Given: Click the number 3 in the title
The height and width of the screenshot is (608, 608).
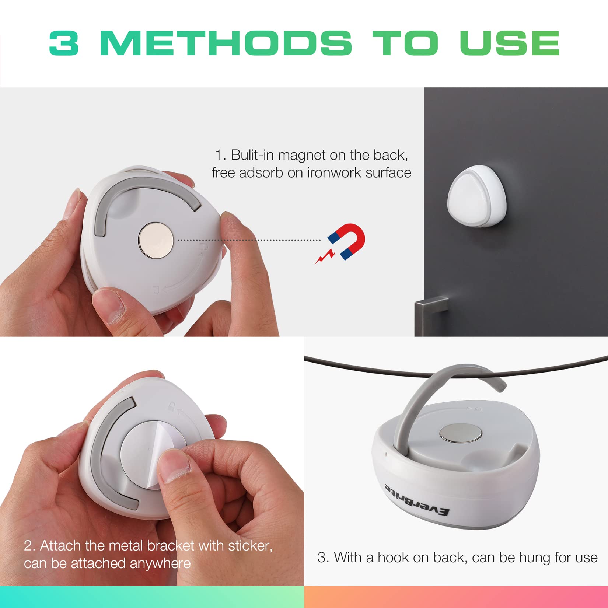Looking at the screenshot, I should [x=64, y=43].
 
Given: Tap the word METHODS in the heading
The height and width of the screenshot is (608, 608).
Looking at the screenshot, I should [x=226, y=43].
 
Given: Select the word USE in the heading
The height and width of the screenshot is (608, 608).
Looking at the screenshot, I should [x=510, y=43].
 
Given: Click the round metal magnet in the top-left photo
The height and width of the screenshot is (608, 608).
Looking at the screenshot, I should [x=156, y=240].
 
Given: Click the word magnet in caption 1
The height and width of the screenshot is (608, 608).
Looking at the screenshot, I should [x=302, y=155].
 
